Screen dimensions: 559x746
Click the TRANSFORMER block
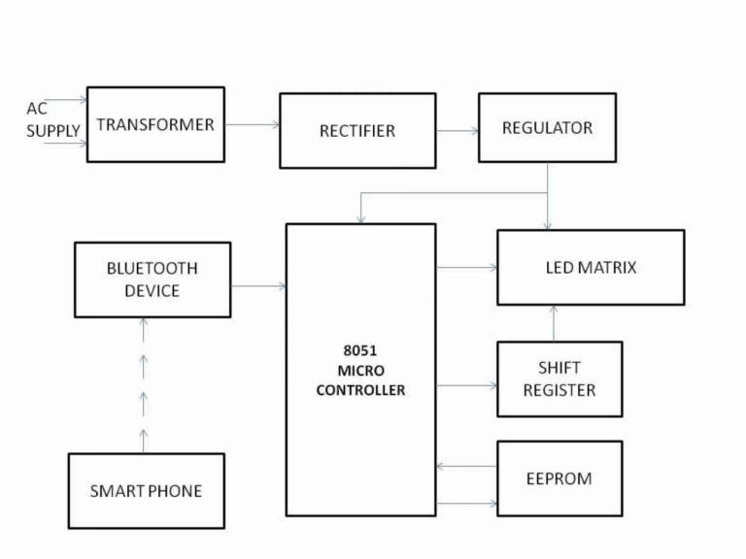point(155,124)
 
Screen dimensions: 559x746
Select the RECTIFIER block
point(356,130)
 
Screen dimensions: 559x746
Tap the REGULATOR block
point(547,127)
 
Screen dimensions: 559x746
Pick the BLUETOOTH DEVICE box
point(153,279)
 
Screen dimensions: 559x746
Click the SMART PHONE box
point(146,491)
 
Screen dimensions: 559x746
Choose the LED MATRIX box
point(591,267)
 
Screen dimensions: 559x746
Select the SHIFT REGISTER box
point(559,378)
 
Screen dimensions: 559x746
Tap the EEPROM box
point(559,478)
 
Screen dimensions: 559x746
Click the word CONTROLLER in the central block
point(359,390)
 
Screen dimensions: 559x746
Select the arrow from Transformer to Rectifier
point(252,124)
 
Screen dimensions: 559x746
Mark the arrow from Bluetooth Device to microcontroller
point(258,286)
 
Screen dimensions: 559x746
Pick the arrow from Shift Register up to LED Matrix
point(554,323)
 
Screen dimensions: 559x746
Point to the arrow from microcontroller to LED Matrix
point(466,267)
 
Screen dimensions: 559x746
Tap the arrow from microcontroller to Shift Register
point(466,385)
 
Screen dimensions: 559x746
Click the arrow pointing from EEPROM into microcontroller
point(466,467)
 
